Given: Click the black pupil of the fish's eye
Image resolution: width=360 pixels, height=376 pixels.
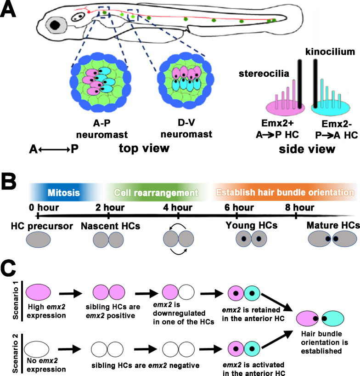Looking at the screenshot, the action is pyautogui.click(x=55, y=25).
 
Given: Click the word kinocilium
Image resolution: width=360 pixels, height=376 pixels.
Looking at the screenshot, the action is pyautogui.click(x=330, y=51).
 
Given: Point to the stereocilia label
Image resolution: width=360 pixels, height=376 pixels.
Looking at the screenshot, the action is pyautogui.click(x=264, y=74).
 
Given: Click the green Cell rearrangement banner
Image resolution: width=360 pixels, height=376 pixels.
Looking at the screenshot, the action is pyautogui.click(x=156, y=192).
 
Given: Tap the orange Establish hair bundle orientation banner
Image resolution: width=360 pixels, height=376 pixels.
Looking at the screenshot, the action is pyautogui.click(x=285, y=192).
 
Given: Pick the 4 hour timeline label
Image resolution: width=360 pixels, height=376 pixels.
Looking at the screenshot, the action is pyautogui.click(x=178, y=207).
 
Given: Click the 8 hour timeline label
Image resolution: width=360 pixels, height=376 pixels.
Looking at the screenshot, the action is pyautogui.click(x=300, y=207).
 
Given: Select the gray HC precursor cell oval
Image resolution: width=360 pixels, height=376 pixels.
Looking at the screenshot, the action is pyautogui.click(x=38, y=239).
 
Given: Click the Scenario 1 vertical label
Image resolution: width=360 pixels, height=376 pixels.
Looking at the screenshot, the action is pyautogui.click(x=16, y=300).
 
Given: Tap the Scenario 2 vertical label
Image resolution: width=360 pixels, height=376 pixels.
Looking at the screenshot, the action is pyautogui.click(x=16, y=353).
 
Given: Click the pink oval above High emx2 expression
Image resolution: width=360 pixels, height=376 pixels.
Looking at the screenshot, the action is pyautogui.click(x=38, y=292).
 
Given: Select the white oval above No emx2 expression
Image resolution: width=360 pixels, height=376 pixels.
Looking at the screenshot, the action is pyautogui.click(x=37, y=349).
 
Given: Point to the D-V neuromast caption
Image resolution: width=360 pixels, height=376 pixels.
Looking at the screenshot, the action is pyautogui.click(x=186, y=128).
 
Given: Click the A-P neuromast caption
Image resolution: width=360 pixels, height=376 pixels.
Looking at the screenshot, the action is pyautogui.click(x=102, y=129).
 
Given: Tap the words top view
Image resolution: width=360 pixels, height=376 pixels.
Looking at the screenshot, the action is pyautogui.click(x=144, y=148).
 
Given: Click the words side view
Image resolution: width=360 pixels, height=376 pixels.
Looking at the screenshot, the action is pyautogui.click(x=307, y=149).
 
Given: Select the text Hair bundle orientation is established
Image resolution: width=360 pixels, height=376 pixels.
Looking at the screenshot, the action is pyautogui.click(x=324, y=342).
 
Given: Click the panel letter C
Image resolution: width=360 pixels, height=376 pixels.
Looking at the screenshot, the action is pyautogui.click(x=8, y=268).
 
